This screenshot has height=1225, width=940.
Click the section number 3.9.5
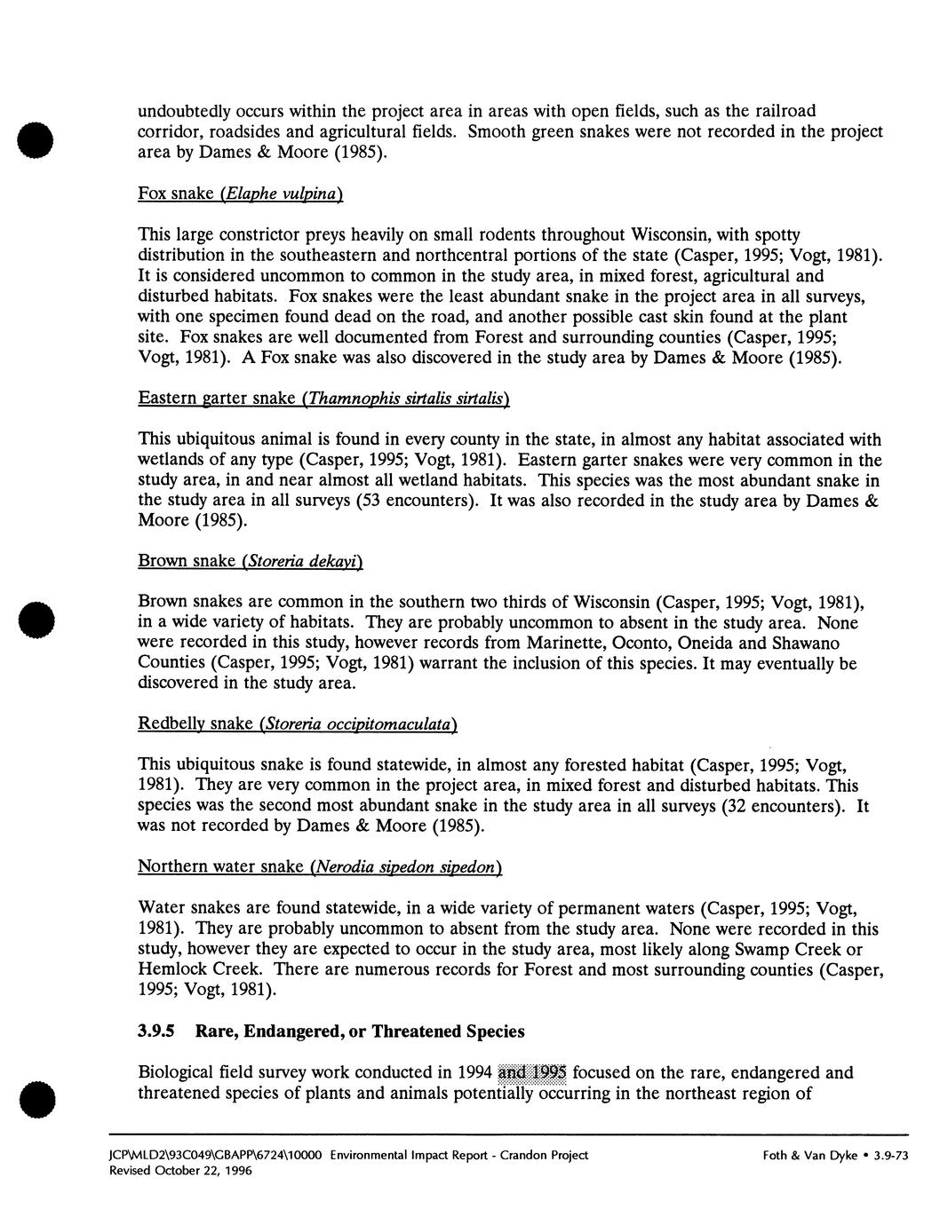click(x=156, y=1031)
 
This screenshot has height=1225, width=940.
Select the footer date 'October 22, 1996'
click(x=210, y=1171)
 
